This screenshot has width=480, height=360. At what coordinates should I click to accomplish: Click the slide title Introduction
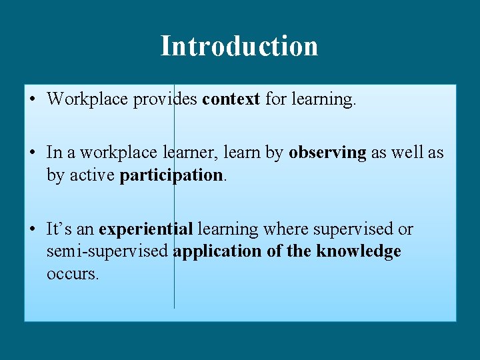pyautogui.click(x=239, y=46)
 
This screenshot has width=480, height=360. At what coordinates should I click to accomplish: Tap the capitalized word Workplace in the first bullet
pyautogui.click(x=88, y=99)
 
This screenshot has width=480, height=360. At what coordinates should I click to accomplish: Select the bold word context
pyautogui.click(x=231, y=99)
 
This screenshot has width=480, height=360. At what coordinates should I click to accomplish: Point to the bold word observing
pyautogui.click(x=327, y=153)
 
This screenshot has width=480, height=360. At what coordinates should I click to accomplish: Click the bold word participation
pyautogui.click(x=171, y=175)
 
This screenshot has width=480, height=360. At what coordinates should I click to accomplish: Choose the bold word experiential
pyautogui.click(x=145, y=229)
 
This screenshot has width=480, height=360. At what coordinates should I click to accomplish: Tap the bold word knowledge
pyautogui.click(x=359, y=251)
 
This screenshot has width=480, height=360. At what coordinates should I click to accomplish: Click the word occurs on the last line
pyautogui.click(x=71, y=273)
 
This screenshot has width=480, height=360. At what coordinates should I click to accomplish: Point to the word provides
pyautogui.click(x=166, y=99)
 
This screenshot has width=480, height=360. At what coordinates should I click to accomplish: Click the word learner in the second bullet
pyautogui.click(x=187, y=153)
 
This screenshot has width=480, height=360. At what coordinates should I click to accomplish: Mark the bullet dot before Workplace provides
pyautogui.click(x=32, y=99)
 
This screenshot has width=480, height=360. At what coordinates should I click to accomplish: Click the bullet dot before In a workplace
pyautogui.click(x=32, y=153)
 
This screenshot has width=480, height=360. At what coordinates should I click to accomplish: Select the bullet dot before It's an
pyautogui.click(x=32, y=229)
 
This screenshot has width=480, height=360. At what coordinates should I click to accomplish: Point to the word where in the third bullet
pyautogui.click(x=286, y=229)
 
